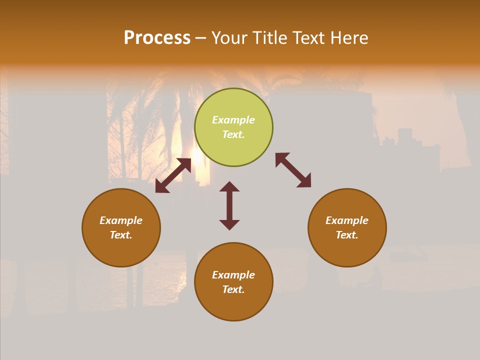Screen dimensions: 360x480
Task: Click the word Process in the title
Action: click(157, 38)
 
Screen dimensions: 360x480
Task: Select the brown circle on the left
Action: click(121, 250)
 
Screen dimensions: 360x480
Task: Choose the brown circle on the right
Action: click(347, 250)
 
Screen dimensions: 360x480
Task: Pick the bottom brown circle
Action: click(233, 305)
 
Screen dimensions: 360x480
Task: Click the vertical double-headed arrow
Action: click(229, 205)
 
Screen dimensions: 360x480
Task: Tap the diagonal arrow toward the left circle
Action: click(173, 175)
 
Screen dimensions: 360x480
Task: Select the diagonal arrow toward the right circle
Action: click(293, 170)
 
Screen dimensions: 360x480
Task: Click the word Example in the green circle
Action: click(233, 120)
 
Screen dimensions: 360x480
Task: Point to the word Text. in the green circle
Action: click(233, 134)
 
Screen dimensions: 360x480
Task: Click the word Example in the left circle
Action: click(121, 220)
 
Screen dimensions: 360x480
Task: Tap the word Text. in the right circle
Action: click(347, 235)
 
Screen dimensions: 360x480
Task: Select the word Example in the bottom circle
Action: click(233, 275)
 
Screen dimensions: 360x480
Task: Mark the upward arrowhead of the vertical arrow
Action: click(229, 186)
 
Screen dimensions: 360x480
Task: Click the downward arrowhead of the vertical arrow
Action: click(229, 224)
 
